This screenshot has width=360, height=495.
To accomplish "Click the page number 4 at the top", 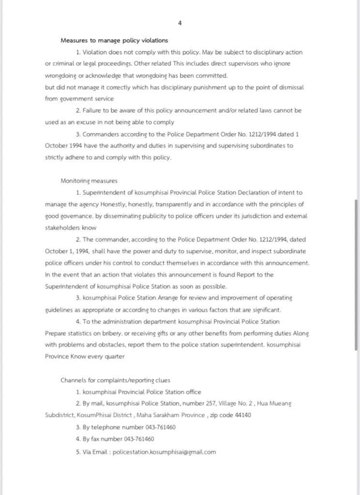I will pos(180,23).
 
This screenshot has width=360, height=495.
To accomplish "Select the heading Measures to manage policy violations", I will pos(114,41).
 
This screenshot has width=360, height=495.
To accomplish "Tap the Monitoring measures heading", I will pos(89,181).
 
